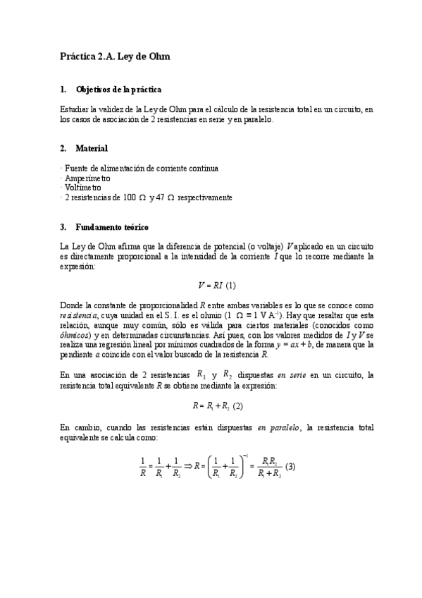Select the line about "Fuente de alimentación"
141,169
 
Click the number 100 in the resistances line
129,198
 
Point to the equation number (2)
237,405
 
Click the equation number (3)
290,466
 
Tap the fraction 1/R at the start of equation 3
144,467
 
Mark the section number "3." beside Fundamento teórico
63,226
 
